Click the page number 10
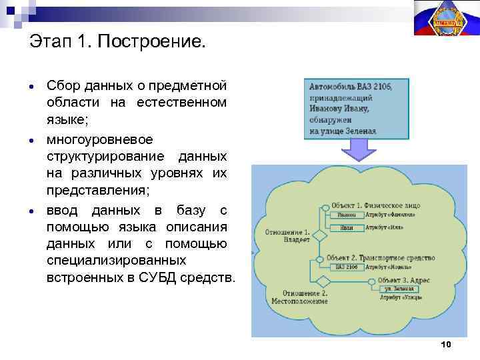pyautogui.click(x=446, y=344)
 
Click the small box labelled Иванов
pyautogui.click(x=346, y=215)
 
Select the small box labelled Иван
pyautogui.click(x=346, y=227)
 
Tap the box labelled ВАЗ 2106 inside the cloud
pyautogui.click(x=346, y=267)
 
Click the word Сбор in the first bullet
pyautogui.click(x=62, y=86)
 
